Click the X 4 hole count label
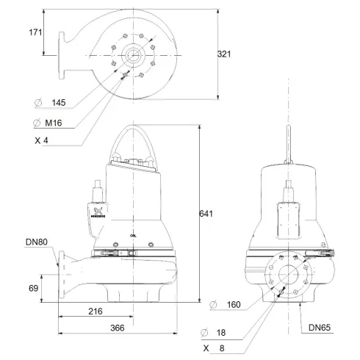51,140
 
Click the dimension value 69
34,289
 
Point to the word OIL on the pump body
132,235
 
